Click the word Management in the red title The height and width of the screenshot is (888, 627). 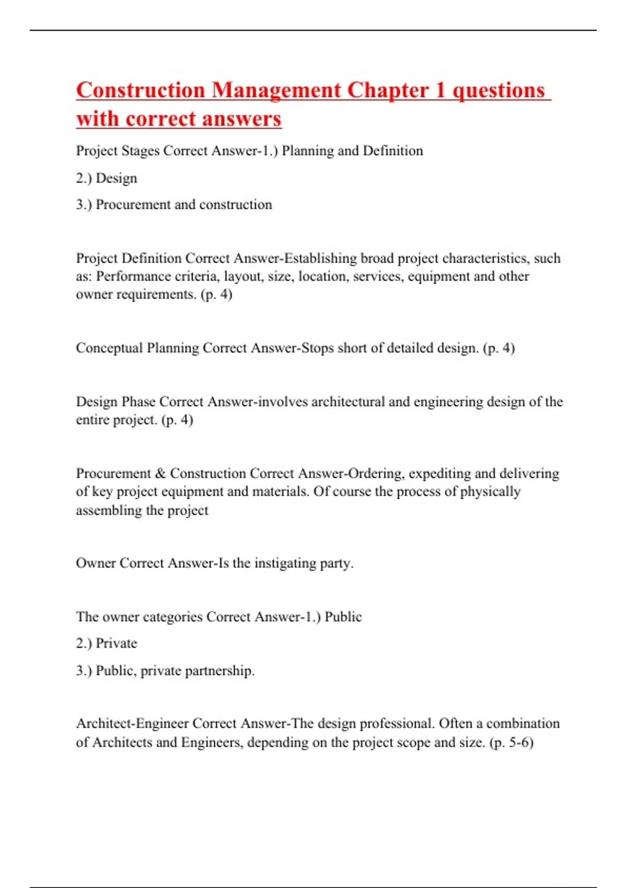coord(276,90)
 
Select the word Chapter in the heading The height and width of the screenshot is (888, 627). coord(388,90)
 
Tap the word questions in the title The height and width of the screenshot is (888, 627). coord(498,90)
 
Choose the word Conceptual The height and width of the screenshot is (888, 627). coord(109,348)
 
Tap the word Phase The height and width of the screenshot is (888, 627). coord(138,402)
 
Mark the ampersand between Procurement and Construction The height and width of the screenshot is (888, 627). coord(160,473)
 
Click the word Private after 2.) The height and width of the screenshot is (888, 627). coord(117,644)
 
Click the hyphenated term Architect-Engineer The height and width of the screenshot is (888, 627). coord(132,723)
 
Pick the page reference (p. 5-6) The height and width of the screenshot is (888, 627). coord(511,742)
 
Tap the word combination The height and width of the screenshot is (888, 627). coord(523,723)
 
